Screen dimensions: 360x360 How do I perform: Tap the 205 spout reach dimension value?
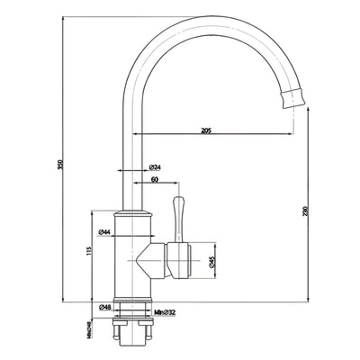click(x=206, y=130)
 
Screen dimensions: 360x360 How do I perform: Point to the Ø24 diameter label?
click(x=155, y=167)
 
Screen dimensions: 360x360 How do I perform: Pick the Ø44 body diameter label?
click(x=104, y=232)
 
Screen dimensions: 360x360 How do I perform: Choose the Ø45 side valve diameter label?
click(x=212, y=262)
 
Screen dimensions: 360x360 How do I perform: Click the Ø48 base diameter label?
click(x=104, y=307)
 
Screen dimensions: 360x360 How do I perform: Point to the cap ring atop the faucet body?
click(x=131, y=212)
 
